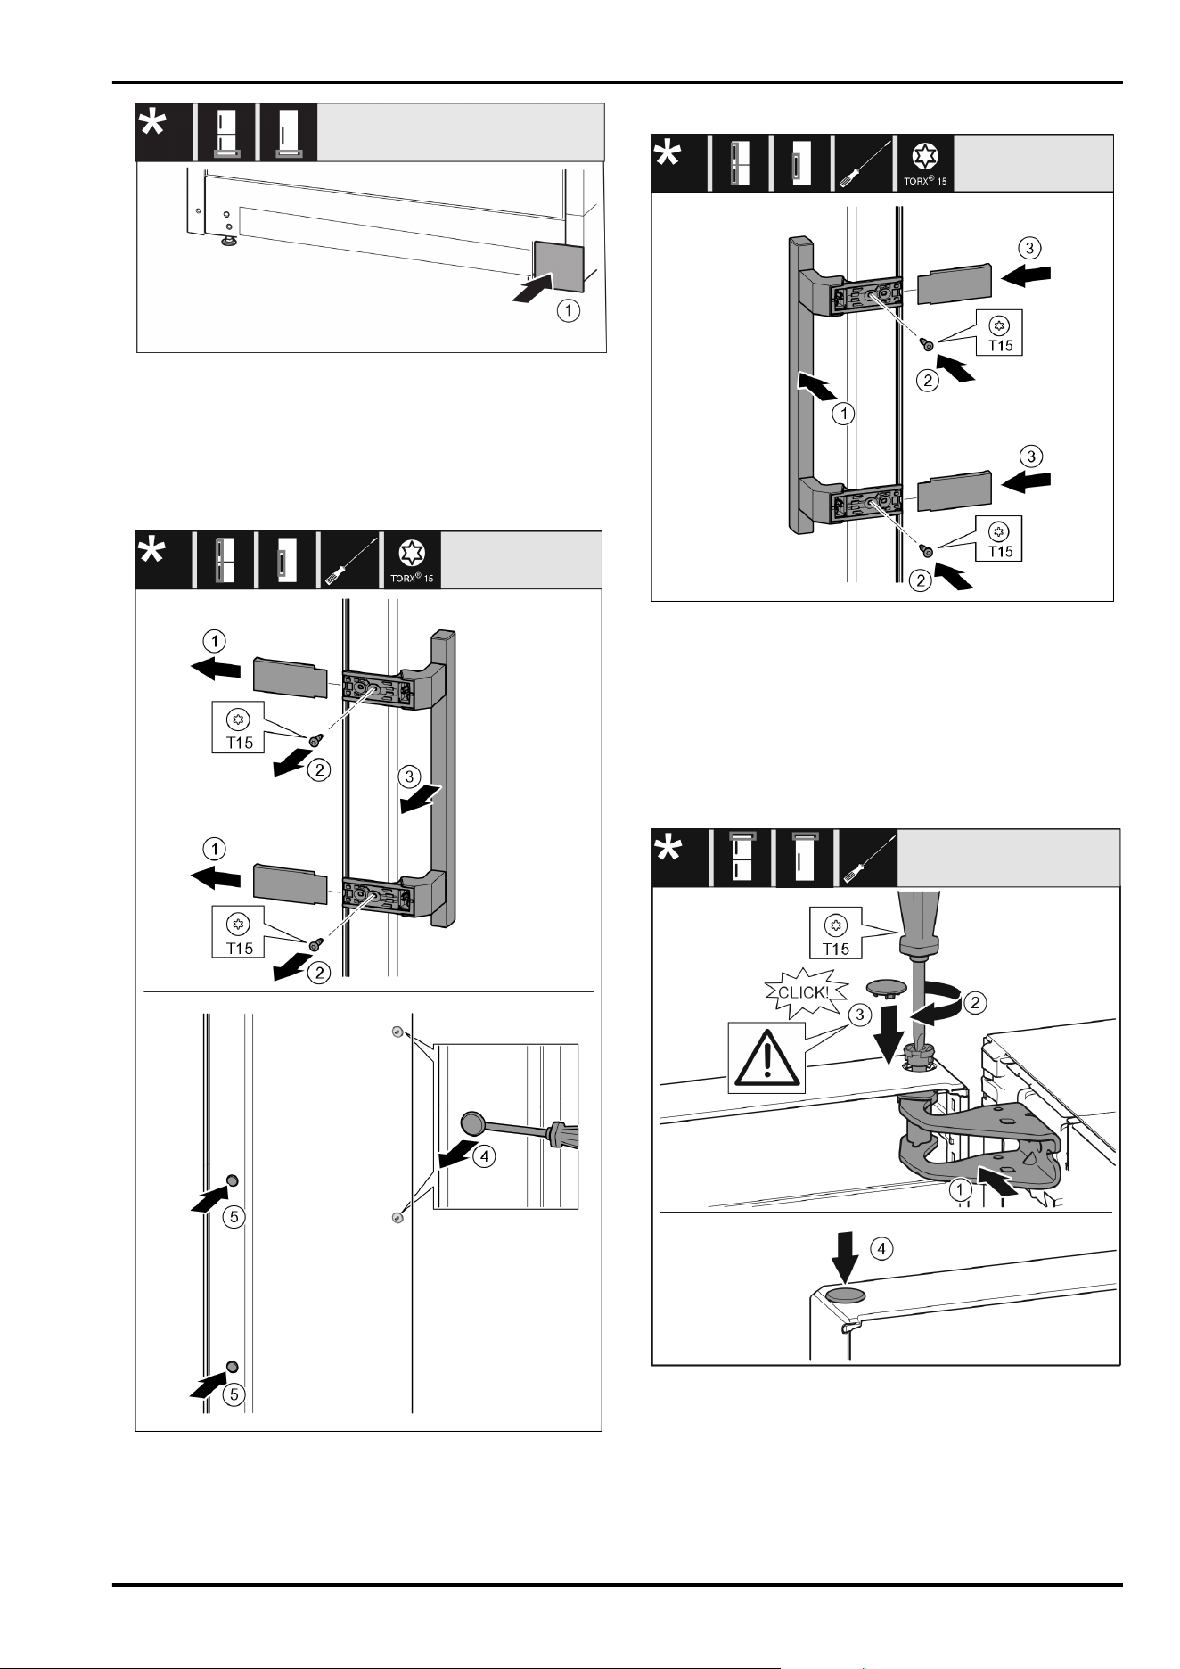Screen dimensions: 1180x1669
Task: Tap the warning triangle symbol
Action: (766, 1057)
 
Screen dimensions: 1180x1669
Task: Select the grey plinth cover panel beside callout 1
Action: (558, 266)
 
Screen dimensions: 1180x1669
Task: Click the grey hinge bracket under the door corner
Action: (980, 1150)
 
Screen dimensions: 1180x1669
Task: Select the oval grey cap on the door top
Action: (845, 1295)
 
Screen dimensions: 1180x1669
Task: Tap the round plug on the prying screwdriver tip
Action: (472, 1122)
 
